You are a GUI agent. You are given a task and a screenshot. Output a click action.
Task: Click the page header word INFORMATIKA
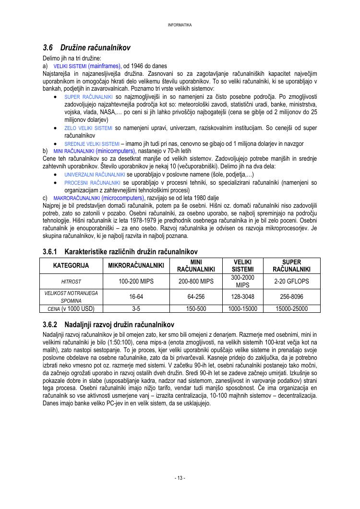pos(180,25)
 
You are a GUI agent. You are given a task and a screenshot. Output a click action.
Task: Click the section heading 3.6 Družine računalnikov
pos(86,48)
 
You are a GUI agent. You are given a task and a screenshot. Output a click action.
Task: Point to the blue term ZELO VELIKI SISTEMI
pos(88,129)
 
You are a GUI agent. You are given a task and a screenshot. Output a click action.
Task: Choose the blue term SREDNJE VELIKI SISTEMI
pos(92,143)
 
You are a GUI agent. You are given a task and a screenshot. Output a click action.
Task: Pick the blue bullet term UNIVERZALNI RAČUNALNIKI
pos(95,175)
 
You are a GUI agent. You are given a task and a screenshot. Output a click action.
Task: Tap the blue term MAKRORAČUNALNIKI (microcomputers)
pos(98,198)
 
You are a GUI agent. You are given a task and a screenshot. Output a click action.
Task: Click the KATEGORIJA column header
pos(71,266)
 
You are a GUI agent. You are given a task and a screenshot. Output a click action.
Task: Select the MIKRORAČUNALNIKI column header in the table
pos(136,266)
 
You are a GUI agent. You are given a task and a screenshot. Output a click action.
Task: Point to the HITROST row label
pos(71,282)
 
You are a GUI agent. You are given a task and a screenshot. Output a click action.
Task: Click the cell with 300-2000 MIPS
pos(243,282)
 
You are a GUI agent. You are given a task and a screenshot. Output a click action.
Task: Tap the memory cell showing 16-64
pos(136,297)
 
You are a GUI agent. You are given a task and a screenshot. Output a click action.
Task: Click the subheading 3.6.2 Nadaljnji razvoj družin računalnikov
pos(108,325)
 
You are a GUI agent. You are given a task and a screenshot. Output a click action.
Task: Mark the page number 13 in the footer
pos(180,478)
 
